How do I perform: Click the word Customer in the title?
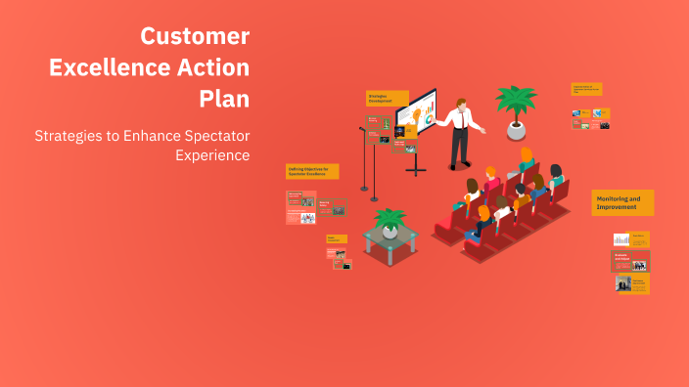[195, 36]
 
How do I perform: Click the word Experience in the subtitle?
[212, 155]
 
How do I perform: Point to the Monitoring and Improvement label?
[622, 202]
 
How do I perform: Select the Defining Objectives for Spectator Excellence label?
[312, 172]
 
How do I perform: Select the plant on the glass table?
[390, 222]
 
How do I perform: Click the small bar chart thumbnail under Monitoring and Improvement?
[621, 239]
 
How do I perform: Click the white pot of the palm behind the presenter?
[516, 129]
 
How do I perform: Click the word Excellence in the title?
[107, 67]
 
